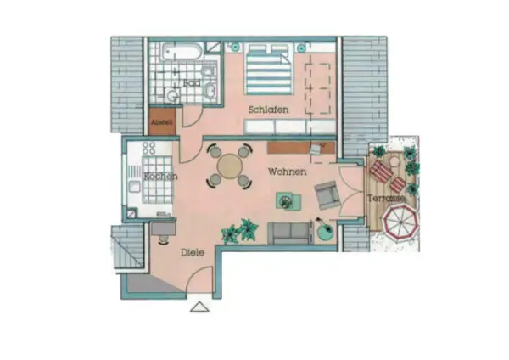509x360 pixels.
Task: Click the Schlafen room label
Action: coord(268,110)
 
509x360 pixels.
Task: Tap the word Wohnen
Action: coord(288,172)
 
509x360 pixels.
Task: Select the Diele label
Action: coord(193,252)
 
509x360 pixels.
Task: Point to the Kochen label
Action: coord(160,177)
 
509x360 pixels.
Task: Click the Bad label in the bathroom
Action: coord(192,83)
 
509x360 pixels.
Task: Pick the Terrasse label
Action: coord(386,198)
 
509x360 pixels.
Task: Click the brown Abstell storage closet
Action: coord(162,121)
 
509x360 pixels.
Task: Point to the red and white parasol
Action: coord(400,222)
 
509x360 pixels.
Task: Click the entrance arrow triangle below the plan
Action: coord(199,307)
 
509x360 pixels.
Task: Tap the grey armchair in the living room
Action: coord(327,195)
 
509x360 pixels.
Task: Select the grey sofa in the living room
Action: coord(288,233)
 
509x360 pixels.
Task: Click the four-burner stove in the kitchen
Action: coord(149,148)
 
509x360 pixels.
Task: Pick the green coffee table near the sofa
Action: coord(288,201)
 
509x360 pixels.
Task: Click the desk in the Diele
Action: coord(163,228)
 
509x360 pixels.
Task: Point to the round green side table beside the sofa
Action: coord(325,231)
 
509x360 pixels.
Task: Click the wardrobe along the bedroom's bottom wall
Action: coord(289,127)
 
